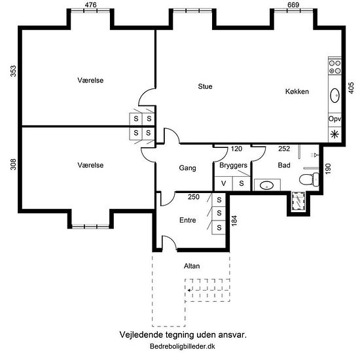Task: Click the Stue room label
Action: pos(205,86)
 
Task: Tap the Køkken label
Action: pos(297,92)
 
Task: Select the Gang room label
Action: pos(187,168)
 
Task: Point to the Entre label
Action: pos(188,220)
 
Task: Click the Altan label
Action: pos(192,266)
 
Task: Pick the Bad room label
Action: pos(284,165)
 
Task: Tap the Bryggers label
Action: pos(233,166)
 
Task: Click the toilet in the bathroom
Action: pos(309,179)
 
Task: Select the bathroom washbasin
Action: pos(267,185)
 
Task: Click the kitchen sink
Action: pos(334,96)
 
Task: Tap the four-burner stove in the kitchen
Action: pos(334,67)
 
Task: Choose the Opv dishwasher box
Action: pos(334,119)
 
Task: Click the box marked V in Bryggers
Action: pos(223,183)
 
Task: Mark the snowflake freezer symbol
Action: pos(334,134)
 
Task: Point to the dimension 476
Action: pos(90,5)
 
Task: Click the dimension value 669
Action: pos(293,5)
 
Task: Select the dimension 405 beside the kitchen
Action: pos(351,88)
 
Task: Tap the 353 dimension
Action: pos(13,71)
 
